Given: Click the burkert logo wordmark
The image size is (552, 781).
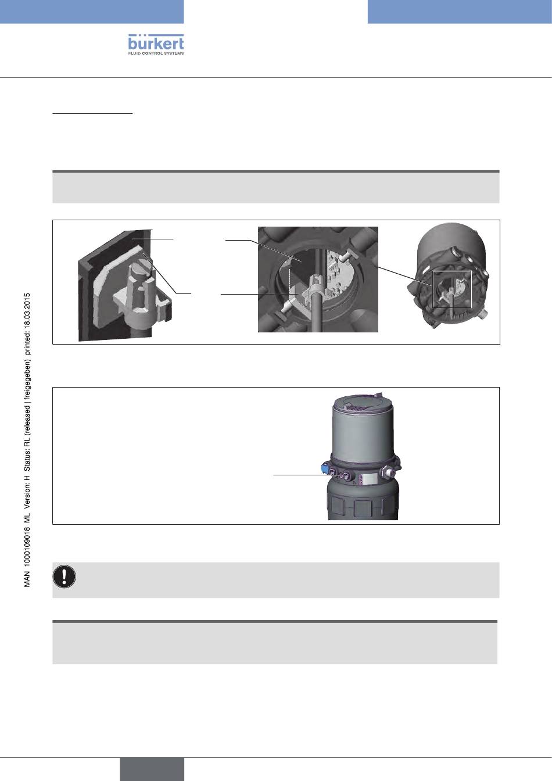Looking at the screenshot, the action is (x=156, y=43).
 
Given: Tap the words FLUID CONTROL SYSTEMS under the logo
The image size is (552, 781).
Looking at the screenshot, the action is (x=156, y=53).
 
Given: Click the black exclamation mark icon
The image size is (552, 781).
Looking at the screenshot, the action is (x=64, y=576).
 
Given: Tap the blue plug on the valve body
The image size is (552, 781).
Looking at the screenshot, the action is (x=324, y=468).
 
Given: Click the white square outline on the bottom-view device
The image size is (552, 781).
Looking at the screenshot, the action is (x=451, y=289).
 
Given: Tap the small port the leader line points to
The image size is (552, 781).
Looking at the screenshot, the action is (x=340, y=475).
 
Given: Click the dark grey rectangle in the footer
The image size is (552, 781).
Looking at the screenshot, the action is (x=152, y=769).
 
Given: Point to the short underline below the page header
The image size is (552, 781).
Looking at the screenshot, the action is (x=93, y=113).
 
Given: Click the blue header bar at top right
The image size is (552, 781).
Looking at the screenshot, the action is (x=460, y=12).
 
